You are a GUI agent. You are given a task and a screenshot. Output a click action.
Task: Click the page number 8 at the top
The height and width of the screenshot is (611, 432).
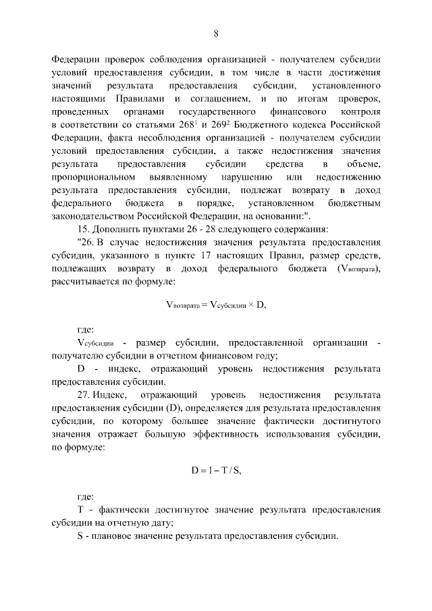click(216, 34)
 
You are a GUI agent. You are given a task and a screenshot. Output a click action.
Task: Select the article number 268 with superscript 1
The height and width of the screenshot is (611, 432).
click(142, 126)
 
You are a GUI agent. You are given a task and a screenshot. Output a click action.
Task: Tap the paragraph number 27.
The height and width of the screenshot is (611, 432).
click(84, 394)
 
